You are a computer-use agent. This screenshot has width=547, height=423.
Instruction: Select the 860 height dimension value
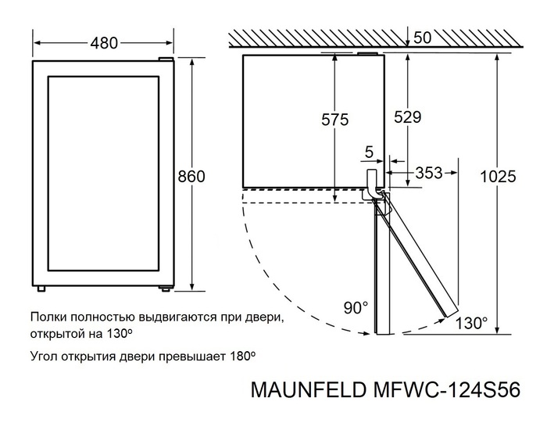coord(191,177)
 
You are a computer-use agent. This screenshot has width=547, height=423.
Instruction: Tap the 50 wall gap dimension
coord(423,38)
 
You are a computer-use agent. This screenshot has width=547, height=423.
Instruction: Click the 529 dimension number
coord(406,117)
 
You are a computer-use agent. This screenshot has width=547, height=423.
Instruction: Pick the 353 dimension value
coord(428,173)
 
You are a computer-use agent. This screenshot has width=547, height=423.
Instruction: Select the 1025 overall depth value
coord(499,177)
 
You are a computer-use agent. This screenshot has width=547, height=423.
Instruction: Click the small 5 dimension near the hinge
coord(368,151)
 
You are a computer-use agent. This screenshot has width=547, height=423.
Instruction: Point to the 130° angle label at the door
coord(473,323)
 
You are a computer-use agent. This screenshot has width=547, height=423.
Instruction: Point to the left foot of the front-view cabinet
coord(41,288)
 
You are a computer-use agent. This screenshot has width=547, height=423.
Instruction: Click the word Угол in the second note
coord(44,355)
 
